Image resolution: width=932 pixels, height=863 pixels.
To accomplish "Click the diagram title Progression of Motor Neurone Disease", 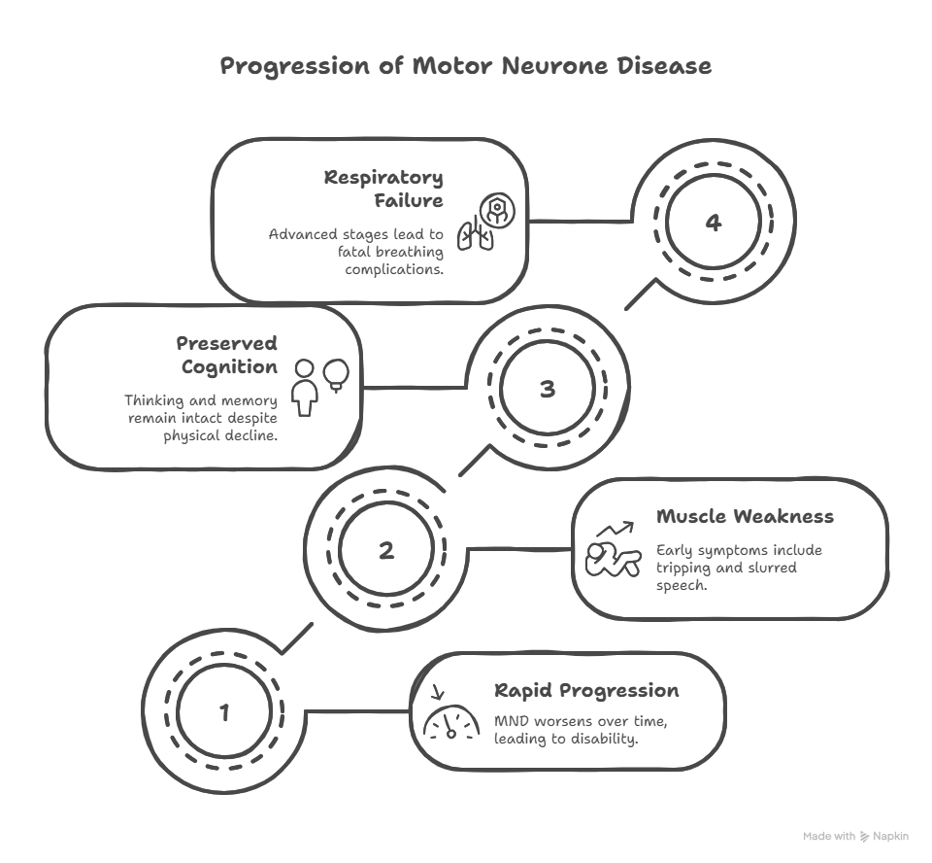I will click(x=465, y=66).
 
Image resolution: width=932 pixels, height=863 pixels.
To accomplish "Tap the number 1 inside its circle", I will click(x=224, y=712).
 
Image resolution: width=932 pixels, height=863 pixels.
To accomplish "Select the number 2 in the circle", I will click(x=386, y=550).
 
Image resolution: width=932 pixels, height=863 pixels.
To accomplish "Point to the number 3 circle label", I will click(x=548, y=389).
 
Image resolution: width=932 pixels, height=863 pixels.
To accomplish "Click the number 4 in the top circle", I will click(x=714, y=223).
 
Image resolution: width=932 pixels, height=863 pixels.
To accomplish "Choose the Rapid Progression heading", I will click(x=586, y=691).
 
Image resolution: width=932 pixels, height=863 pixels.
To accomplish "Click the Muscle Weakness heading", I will click(x=745, y=516).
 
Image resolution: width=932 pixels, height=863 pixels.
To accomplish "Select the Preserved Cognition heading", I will click(x=226, y=355).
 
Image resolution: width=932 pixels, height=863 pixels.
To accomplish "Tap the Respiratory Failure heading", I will click(x=383, y=189).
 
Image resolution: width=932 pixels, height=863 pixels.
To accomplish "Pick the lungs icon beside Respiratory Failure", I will click(x=476, y=233).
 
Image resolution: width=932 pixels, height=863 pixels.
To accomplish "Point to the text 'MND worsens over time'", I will click(x=581, y=722).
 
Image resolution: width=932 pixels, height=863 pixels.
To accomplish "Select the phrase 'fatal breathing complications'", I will click(x=388, y=260).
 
